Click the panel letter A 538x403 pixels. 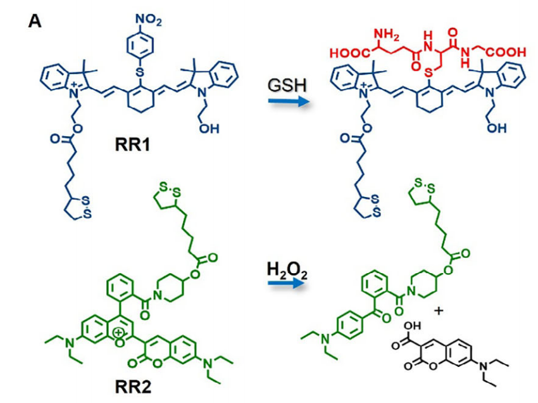click(x=35, y=22)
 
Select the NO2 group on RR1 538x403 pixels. click(x=148, y=20)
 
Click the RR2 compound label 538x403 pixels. click(x=133, y=387)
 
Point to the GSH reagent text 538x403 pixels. click(x=287, y=85)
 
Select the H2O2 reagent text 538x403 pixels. click(x=287, y=271)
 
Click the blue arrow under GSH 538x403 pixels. click(x=287, y=101)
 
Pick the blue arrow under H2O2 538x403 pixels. click(x=287, y=283)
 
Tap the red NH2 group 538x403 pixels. click(x=386, y=35)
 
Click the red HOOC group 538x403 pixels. click(x=350, y=53)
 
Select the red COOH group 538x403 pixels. click(x=506, y=52)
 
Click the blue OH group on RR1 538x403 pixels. click(x=209, y=129)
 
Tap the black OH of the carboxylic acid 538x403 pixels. click(x=413, y=325)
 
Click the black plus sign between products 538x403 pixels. click(x=439, y=311)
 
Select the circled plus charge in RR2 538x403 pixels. click(x=119, y=332)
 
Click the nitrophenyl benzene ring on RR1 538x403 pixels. click(x=140, y=44)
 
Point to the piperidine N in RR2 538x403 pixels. click(x=158, y=295)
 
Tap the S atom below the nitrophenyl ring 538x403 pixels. click(x=140, y=72)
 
